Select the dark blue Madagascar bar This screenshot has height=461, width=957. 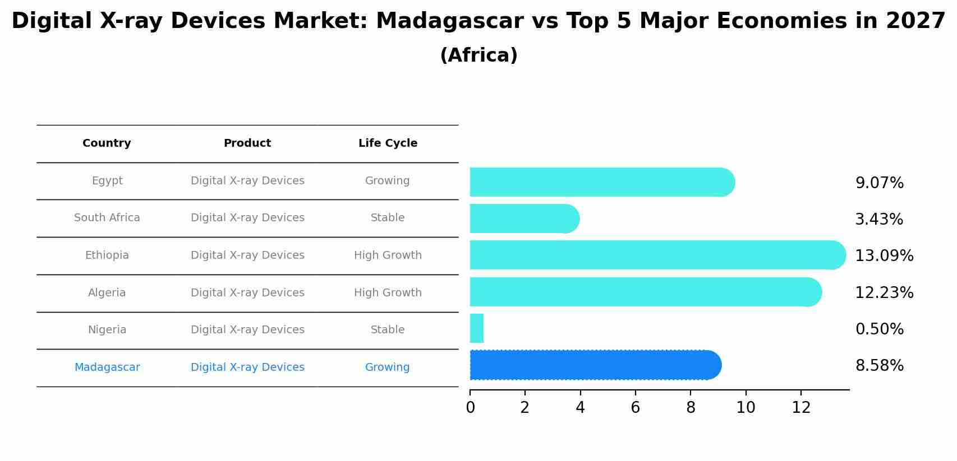point(595,365)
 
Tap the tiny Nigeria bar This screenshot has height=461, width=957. point(476,328)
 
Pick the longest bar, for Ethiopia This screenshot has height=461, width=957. point(656,255)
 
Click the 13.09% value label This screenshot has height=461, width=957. point(884,256)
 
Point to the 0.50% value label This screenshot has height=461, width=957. point(879,329)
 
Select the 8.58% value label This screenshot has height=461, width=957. point(879,366)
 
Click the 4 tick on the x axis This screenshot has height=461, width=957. point(580,408)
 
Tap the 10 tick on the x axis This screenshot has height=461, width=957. point(746,408)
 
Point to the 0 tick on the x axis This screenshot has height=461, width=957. point(470,408)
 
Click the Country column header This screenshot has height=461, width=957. point(107,143)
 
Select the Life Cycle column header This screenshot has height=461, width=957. point(388,143)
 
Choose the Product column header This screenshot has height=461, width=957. point(247,143)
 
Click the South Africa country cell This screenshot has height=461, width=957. point(107,218)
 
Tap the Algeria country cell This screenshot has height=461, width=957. point(107,293)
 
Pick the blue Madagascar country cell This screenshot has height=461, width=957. point(107,367)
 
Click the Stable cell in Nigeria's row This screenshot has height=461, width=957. point(388,330)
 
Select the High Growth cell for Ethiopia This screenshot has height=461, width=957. point(388,255)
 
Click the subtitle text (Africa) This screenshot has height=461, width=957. point(478,55)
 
